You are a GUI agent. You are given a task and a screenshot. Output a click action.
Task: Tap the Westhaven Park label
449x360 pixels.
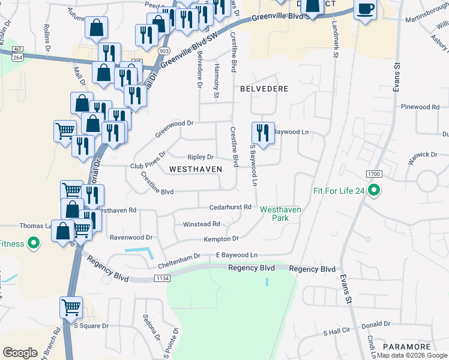click(x=280, y=214)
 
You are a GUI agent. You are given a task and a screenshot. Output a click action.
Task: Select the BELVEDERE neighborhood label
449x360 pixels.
click(x=264, y=88)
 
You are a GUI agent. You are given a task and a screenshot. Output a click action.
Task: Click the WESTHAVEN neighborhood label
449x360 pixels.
click(x=196, y=170)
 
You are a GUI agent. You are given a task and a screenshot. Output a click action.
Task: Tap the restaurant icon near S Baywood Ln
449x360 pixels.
click(x=262, y=132)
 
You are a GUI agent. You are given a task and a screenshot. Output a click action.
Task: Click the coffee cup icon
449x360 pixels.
click(x=366, y=9)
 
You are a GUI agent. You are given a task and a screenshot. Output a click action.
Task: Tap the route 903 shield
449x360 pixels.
click(x=163, y=52)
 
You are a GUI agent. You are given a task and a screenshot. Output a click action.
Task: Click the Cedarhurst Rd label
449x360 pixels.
click(x=230, y=207)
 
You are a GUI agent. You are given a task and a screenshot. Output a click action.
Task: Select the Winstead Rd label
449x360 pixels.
click(x=202, y=224)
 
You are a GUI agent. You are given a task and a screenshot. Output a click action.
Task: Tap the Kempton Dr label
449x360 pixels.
click(x=221, y=239)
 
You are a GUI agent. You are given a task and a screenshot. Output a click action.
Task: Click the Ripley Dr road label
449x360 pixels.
click(x=200, y=157)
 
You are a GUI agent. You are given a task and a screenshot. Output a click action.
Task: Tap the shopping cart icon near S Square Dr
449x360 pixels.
click(x=71, y=307)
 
